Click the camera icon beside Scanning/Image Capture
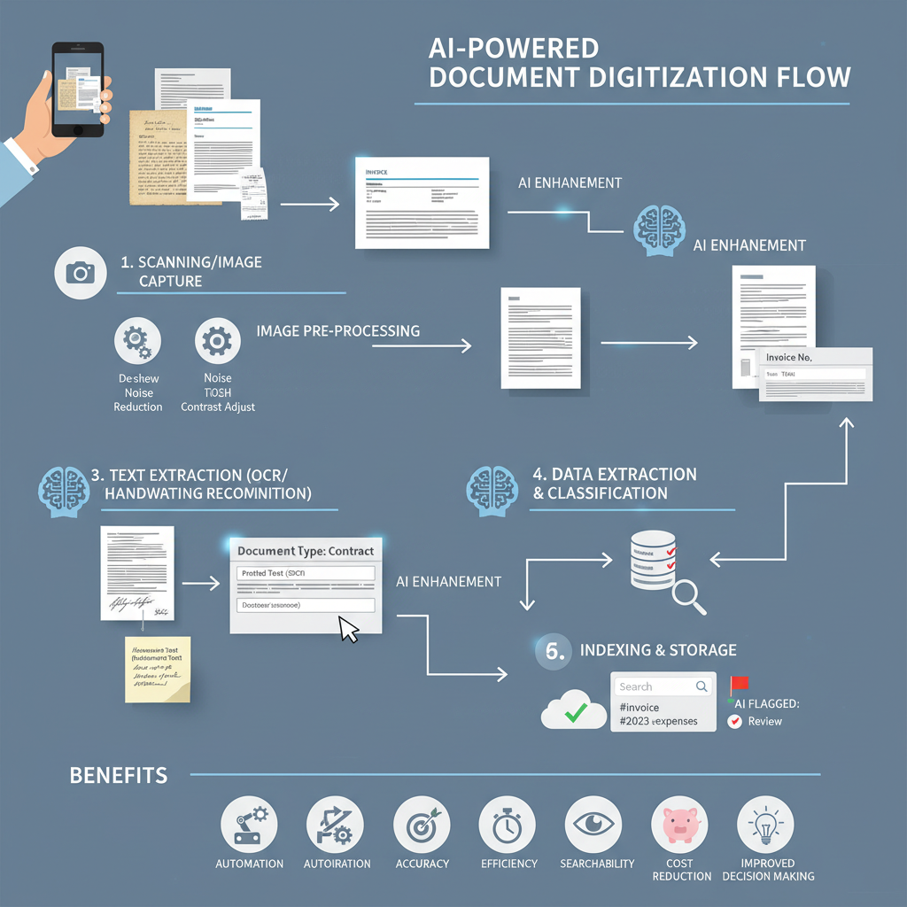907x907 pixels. [81, 273]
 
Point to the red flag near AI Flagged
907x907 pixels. [739, 685]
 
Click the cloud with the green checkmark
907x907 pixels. [573, 709]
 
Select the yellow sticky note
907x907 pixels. [158, 668]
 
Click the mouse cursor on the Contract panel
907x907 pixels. [349, 630]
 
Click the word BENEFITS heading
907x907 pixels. [119, 776]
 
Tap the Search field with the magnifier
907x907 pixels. [663, 686]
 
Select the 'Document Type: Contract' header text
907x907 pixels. [306, 551]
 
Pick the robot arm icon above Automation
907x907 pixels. [249, 824]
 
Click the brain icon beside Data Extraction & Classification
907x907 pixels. [491, 486]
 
